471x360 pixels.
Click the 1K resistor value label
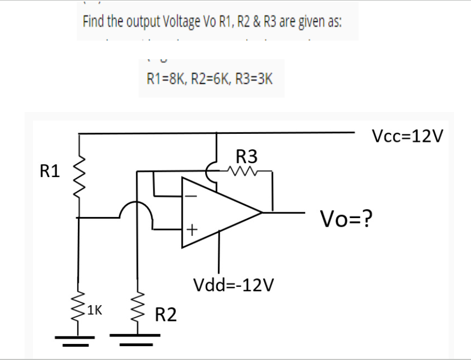[x=95, y=309]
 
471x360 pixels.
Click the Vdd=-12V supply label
[x=235, y=285]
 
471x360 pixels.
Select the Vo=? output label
[x=346, y=218]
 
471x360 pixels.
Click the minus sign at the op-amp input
[x=192, y=196]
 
